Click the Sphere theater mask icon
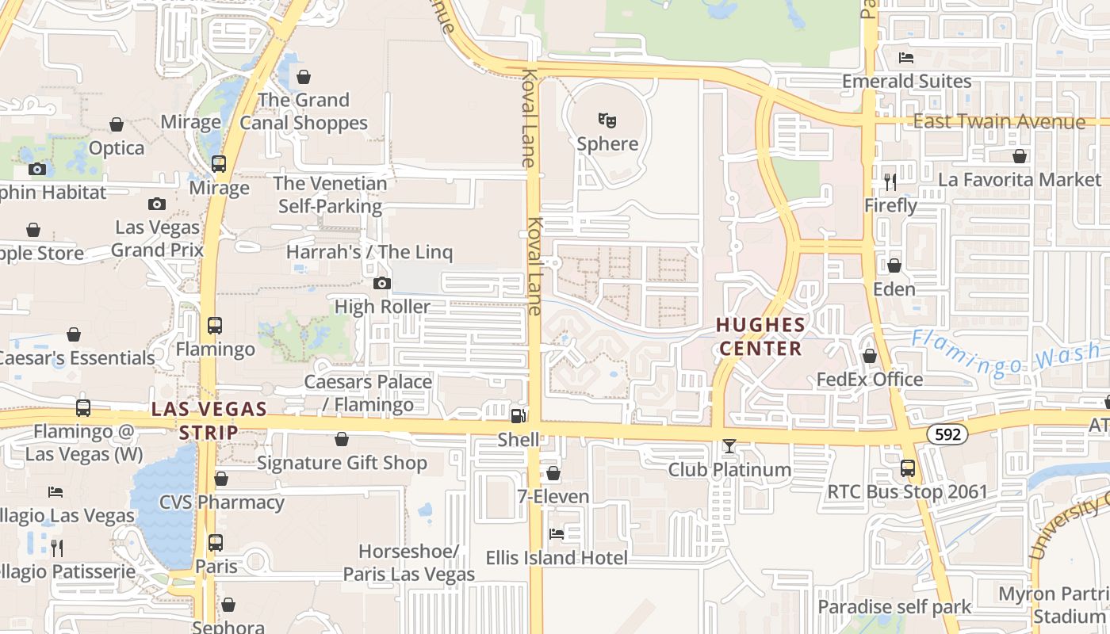click(x=607, y=120)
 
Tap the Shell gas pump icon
click(x=518, y=415)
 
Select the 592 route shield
click(x=947, y=433)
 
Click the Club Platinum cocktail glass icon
click(x=729, y=447)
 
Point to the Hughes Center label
click(x=760, y=337)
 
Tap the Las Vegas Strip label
click(x=209, y=421)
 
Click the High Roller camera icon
click(x=382, y=284)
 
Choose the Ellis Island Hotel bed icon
click(x=557, y=534)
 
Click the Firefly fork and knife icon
click(x=890, y=182)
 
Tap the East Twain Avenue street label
click(x=999, y=122)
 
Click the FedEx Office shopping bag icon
click(x=870, y=357)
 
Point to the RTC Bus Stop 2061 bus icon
click(x=908, y=468)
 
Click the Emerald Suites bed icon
click(x=906, y=58)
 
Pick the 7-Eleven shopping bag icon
click(x=553, y=474)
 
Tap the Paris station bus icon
click(x=216, y=543)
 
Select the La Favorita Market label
click(x=1019, y=180)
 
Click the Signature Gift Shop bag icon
click(x=342, y=439)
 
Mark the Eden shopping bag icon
click(x=894, y=265)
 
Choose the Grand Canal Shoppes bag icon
click(x=304, y=77)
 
